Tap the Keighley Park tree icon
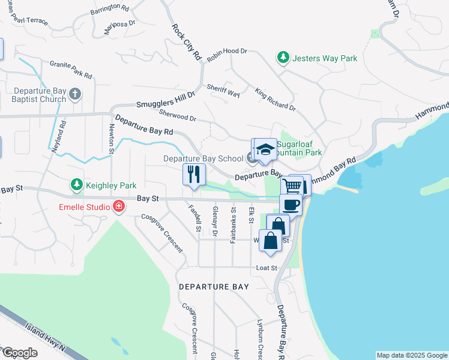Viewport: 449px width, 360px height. click(76, 185)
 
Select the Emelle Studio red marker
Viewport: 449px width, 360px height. click(119, 207)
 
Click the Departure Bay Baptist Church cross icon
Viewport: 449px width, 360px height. click(75, 94)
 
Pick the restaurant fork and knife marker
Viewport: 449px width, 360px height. click(193, 175)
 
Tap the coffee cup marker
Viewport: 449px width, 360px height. click(291, 204)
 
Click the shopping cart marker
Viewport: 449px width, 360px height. click(292, 185)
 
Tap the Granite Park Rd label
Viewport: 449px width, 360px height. click(71, 70)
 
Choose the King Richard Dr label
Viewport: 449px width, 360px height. click(275, 99)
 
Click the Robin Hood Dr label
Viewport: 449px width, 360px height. click(227, 55)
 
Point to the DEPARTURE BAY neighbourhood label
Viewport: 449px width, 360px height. click(214, 287)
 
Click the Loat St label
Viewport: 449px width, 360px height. click(266, 268)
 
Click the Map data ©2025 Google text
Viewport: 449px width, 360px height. click(411, 355)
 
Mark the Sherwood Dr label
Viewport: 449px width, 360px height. click(178, 115)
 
